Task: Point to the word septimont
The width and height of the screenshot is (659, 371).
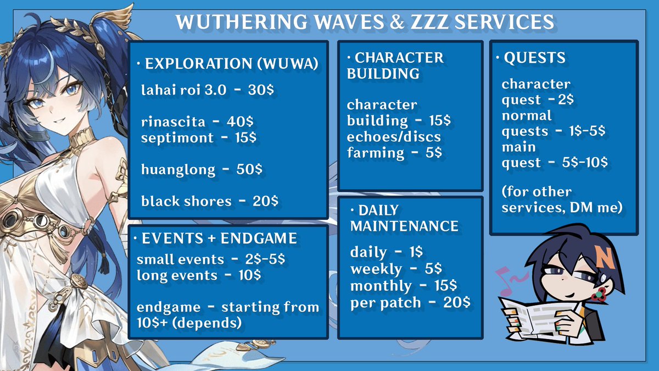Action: [x=177, y=137]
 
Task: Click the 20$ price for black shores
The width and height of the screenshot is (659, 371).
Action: [x=266, y=201]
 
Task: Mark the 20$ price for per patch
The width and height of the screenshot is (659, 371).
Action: [x=456, y=303]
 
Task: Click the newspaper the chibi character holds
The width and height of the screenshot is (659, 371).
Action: [x=535, y=316]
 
